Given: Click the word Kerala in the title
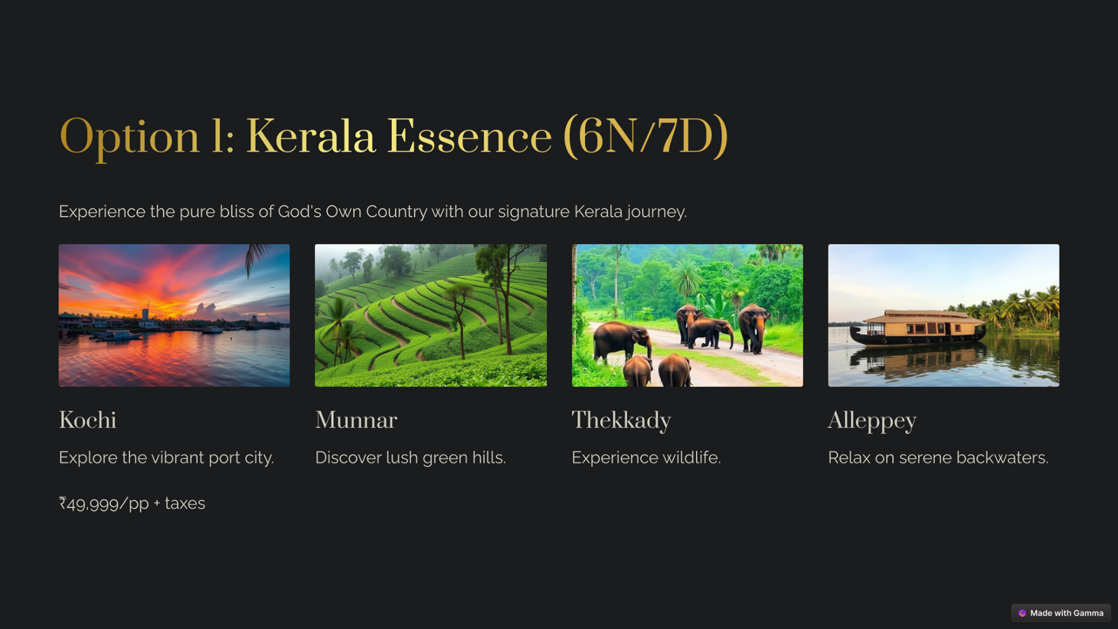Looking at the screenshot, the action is click(310, 136).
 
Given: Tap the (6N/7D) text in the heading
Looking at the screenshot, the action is click(646, 136).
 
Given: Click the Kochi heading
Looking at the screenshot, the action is click(88, 420).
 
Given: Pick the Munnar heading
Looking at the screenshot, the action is click(356, 420).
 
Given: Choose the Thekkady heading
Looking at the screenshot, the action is click(621, 421).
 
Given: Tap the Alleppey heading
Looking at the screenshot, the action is click(872, 421).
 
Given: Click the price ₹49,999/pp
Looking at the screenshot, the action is click(104, 504).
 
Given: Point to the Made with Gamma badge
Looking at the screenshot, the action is click(1061, 613).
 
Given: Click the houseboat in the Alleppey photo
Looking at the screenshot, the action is click(917, 328).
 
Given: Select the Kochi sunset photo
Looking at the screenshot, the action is click(174, 315).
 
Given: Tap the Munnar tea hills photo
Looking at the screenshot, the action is click(430, 315).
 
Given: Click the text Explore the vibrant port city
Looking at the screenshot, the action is click(166, 458).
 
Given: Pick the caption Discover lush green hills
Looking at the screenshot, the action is click(411, 458).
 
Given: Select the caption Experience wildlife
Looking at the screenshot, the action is click(646, 458).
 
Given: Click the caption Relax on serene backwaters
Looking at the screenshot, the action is click(938, 458).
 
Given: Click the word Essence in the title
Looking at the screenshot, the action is click(470, 136).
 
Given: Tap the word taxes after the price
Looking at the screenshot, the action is click(184, 503).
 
